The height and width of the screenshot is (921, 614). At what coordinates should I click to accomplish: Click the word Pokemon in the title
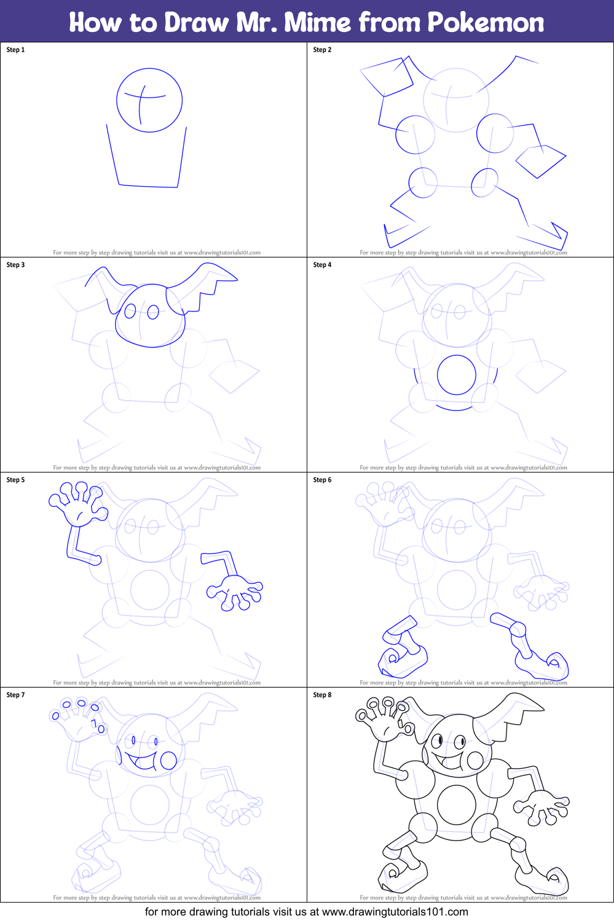coord(486,23)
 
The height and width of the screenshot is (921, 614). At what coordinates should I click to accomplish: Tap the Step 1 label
coord(15,50)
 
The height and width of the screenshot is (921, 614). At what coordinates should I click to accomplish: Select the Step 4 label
coord(322,265)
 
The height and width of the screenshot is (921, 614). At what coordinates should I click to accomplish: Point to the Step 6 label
coord(322,480)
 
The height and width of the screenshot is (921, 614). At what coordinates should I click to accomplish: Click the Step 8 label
coord(322,695)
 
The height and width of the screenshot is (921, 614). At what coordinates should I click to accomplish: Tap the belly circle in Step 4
coord(456,375)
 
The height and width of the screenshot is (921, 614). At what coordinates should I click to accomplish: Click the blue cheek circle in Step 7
coord(168,761)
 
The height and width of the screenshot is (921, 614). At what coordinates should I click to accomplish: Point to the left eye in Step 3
coord(130,312)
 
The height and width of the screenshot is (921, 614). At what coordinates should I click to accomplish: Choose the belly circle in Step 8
coord(456,805)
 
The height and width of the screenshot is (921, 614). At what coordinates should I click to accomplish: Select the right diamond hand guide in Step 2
coord(540,161)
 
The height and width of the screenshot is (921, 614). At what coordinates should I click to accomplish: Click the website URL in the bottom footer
coord(395,912)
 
